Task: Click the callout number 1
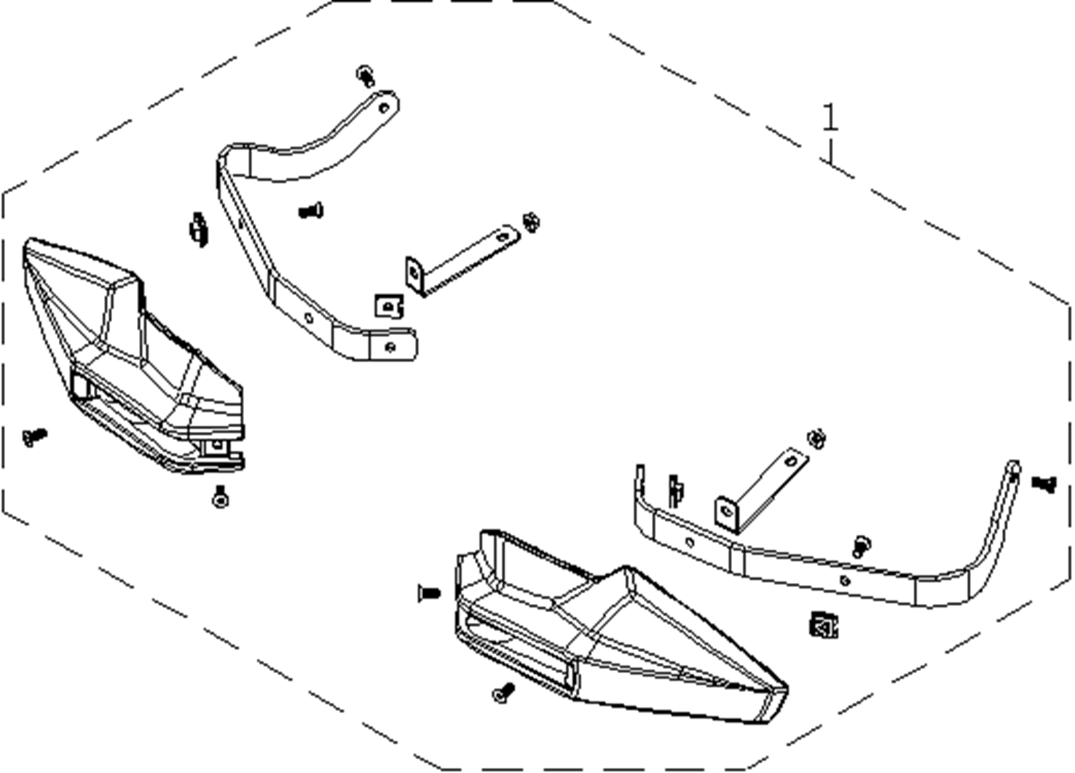click(830, 118)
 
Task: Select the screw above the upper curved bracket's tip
click(366, 75)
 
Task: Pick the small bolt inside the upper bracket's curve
click(311, 211)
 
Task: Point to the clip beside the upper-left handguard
click(197, 229)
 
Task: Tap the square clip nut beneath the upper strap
click(390, 305)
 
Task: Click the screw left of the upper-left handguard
click(34, 436)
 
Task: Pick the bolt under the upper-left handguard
click(220, 497)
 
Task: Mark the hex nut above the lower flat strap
click(816, 439)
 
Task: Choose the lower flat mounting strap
click(761, 488)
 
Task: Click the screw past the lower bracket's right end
click(1044, 482)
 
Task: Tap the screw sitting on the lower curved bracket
click(862, 545)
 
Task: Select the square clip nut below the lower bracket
click(823, 624)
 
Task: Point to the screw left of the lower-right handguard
click(428, 593)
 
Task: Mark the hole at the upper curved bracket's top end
click(385, 108)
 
